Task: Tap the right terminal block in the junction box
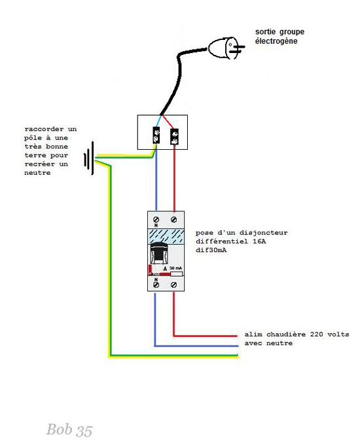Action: pos(175,136)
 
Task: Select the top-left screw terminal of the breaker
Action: pos(156,217)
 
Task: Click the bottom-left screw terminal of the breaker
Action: pos(156,285)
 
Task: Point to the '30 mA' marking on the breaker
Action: pos(175,268)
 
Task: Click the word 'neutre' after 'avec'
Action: pos(279,343)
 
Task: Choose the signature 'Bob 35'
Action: pos(69,429)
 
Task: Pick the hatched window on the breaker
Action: pos(165,236)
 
